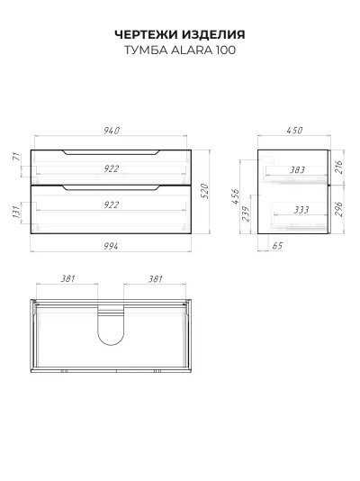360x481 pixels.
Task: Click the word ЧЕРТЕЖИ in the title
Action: (146, 34)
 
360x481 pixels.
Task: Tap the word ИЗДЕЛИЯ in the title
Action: (213, 34)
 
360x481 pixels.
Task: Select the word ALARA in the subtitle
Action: (192, 50)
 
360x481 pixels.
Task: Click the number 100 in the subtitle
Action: (226, 50)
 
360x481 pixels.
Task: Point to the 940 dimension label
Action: (112, 131)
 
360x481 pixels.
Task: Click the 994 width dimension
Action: (111, 246)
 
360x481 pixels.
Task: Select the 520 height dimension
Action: (205, 191)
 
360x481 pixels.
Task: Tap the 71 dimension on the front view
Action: (17, 156)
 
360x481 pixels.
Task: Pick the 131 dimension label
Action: (16, 212)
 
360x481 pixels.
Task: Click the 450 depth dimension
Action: (294, 131)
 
